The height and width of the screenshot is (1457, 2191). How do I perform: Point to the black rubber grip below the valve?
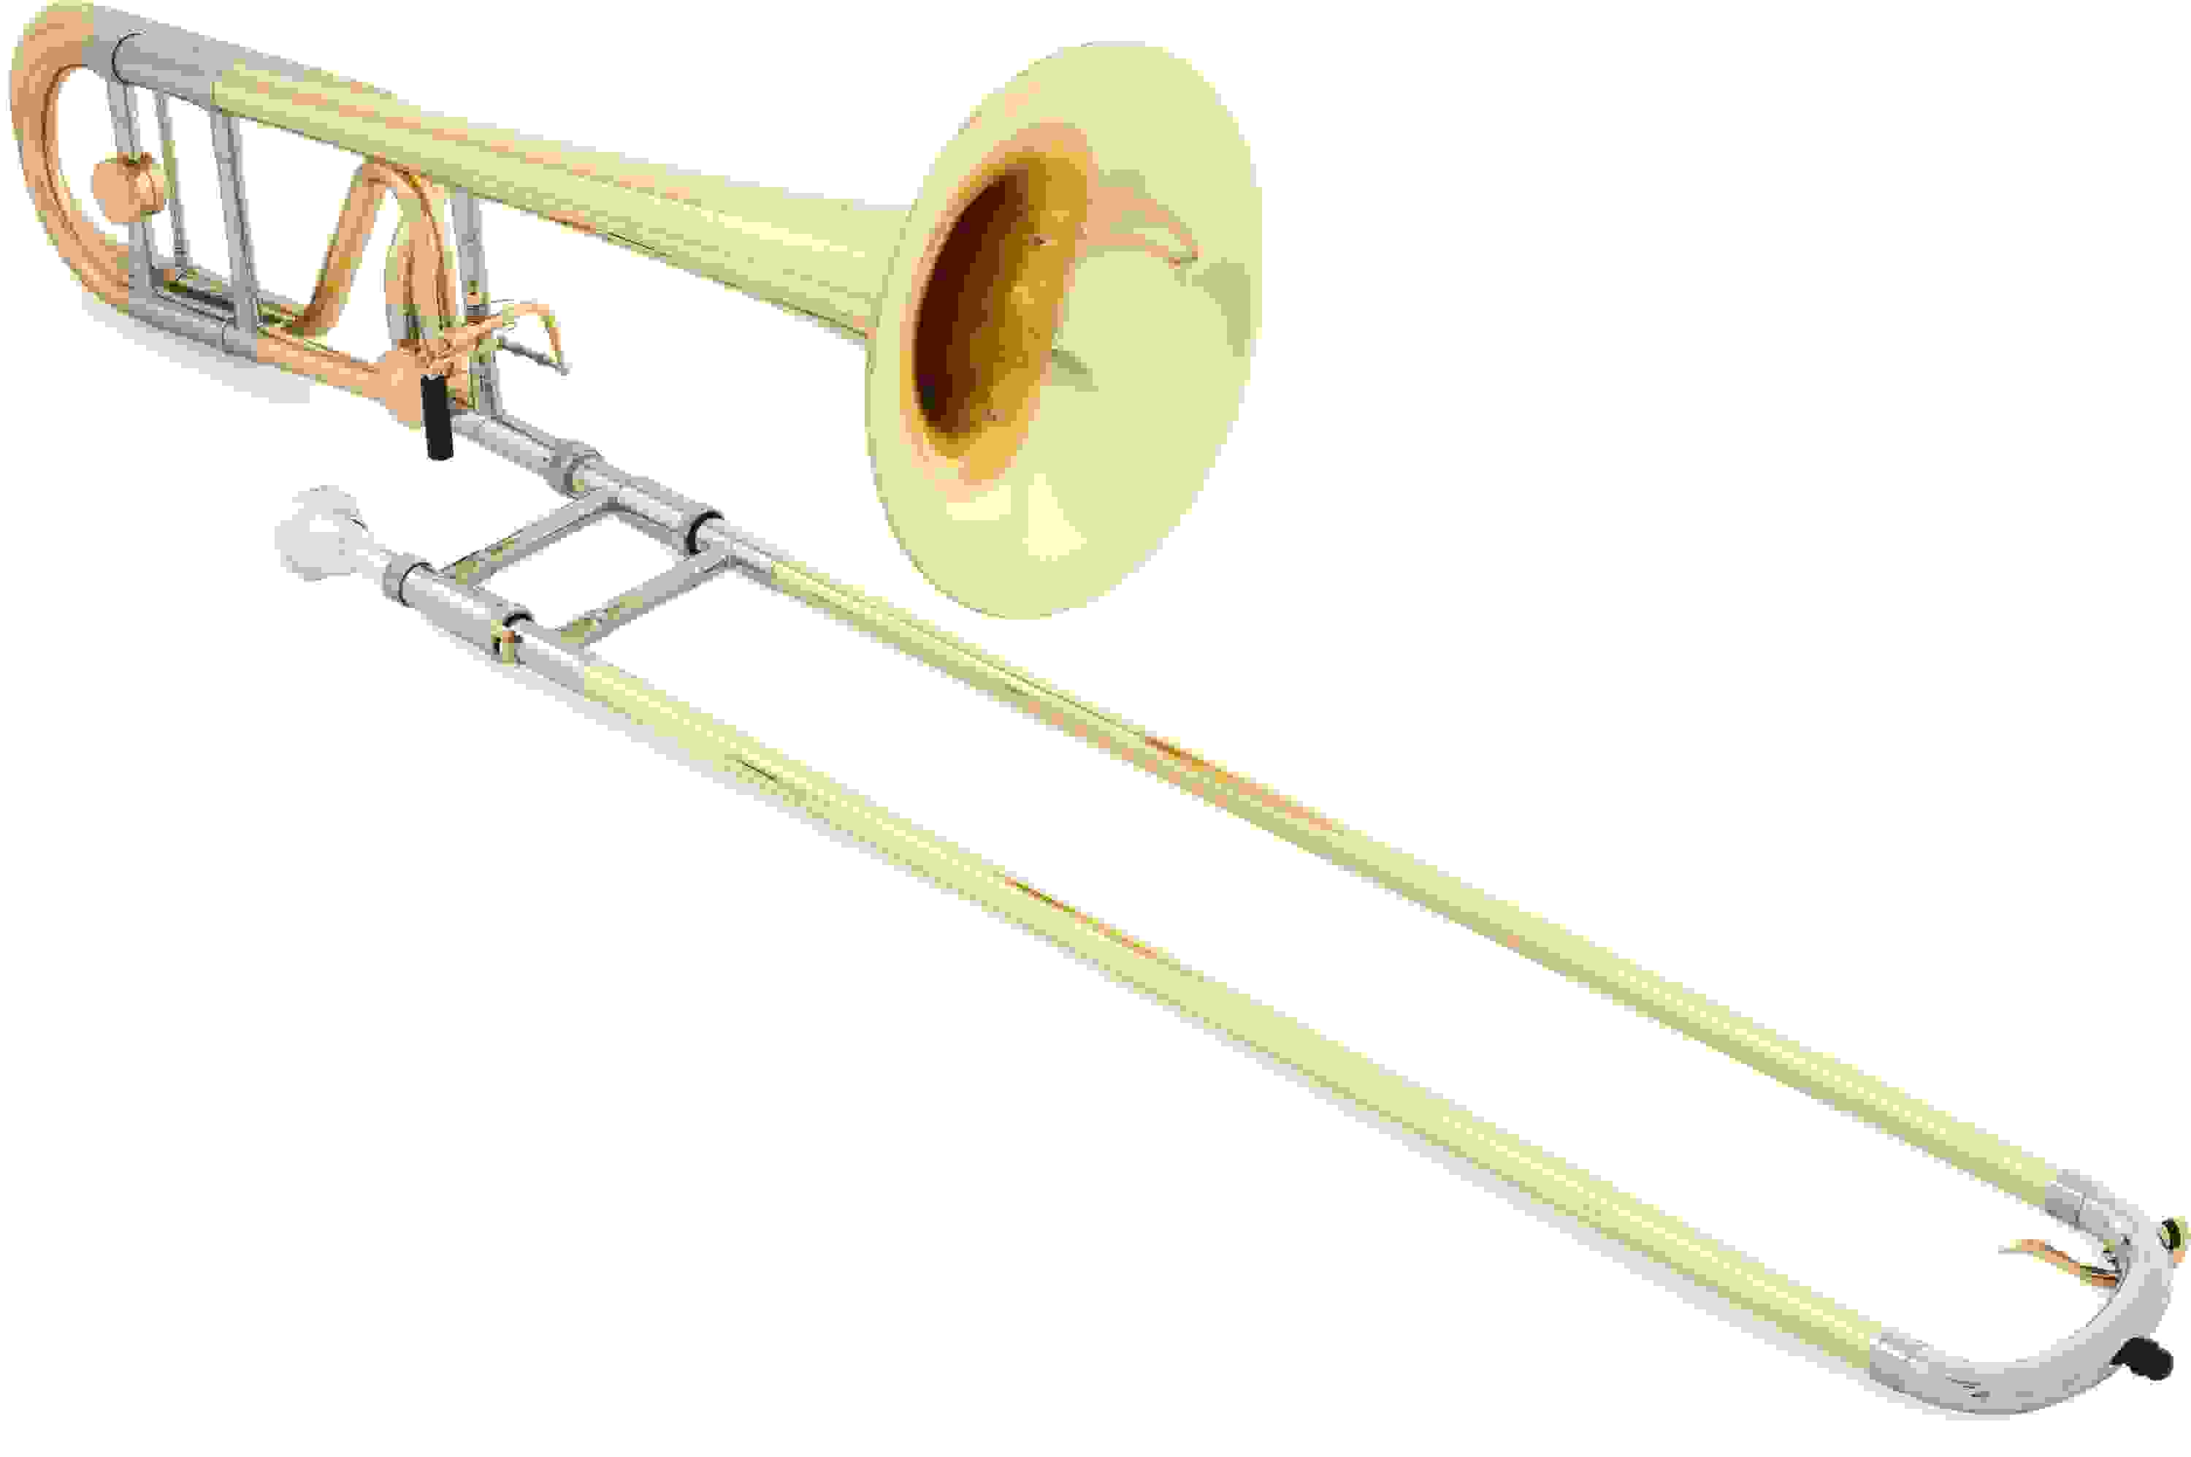(x=435, y=417)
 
